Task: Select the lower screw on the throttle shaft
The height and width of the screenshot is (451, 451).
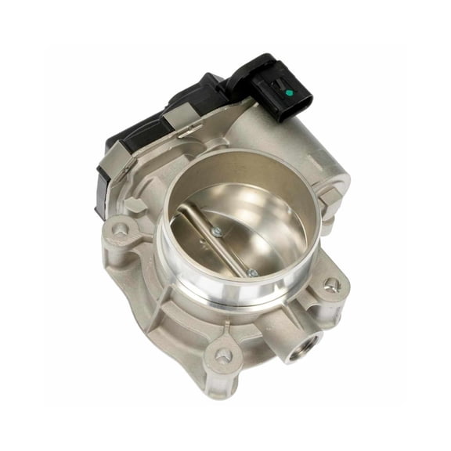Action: [252, 272]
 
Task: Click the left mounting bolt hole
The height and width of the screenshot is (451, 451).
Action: [120, 230]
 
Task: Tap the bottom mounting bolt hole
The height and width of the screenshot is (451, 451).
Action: [224, 357]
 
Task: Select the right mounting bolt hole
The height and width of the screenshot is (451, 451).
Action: [332, 283]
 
